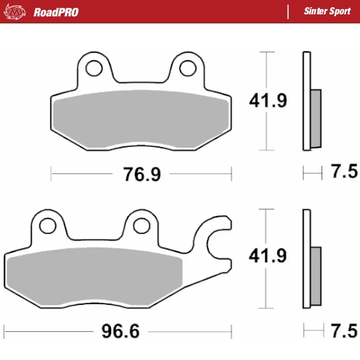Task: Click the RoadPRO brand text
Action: pos(56,12)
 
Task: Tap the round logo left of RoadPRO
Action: pos(16,11)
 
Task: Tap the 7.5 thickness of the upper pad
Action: pos(344,173)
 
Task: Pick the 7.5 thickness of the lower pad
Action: pos(344,331)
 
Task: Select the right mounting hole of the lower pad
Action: pos(141,226)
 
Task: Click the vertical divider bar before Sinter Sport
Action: pos(290,12)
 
